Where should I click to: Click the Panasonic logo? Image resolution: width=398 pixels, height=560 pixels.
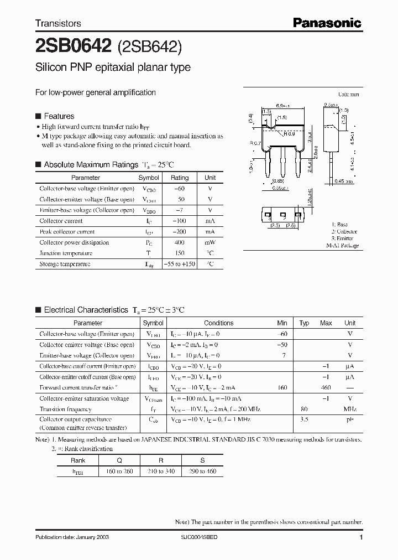327,23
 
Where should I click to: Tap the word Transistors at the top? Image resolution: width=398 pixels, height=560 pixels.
58,23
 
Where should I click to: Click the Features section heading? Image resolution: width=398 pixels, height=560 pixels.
59,116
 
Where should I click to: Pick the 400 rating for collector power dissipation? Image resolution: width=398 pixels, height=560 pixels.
179,242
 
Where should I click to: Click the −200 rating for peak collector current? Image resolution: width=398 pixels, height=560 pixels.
179,232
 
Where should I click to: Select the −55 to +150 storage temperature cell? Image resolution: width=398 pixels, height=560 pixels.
179,264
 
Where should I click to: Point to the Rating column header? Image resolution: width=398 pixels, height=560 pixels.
179,178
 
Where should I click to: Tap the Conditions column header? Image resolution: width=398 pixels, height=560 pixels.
218,323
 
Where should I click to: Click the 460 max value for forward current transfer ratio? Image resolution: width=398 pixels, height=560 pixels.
326,388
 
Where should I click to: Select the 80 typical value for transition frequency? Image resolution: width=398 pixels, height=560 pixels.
304,409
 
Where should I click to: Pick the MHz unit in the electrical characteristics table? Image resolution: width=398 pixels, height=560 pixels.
350,409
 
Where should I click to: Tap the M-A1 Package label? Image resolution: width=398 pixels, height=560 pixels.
342,245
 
